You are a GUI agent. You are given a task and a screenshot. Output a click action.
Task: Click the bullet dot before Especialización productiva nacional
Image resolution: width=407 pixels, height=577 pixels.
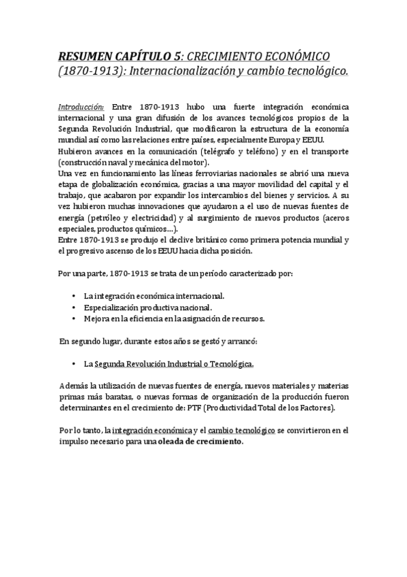click(x=73, y=307)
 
